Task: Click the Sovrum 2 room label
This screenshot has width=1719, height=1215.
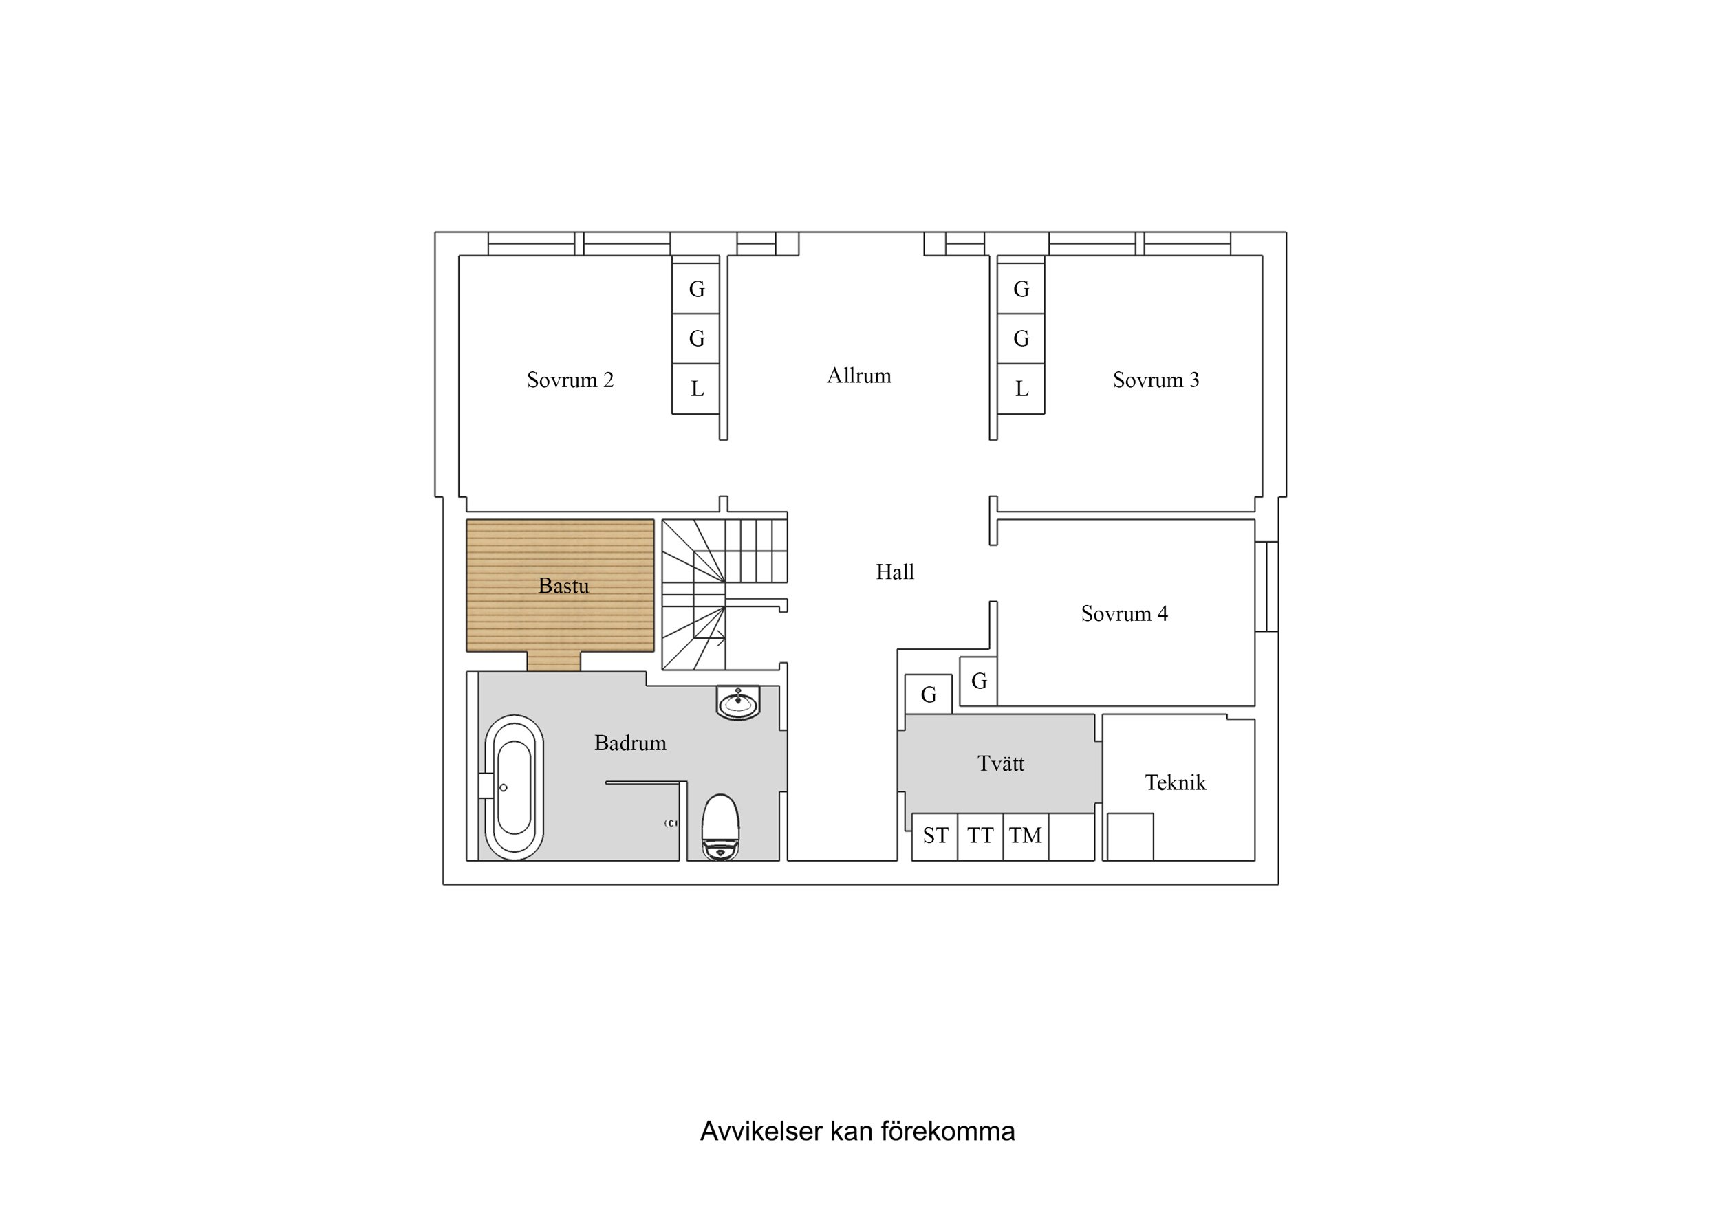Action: [x=570, y=380]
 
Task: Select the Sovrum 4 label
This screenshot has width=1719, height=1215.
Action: [x=1124, y=614]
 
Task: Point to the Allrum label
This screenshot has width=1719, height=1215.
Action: [x=858, y=376]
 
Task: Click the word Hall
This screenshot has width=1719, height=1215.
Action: [x=895, y=572]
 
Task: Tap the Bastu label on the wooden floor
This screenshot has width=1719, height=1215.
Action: [x=563, y=585]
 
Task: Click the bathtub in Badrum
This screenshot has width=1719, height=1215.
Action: [x=514, y=787]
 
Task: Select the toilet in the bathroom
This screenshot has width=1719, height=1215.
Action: [x=720, y=827]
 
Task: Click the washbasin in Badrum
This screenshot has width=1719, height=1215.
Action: [x=738, y=703]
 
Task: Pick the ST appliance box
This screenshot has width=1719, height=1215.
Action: [x=935, y=835]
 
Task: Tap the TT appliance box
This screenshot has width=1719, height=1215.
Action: [x=980, y=835]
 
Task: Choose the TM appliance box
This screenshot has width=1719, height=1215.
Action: [x=1025, y=835]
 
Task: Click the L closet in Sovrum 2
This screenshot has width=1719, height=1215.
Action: [x=696, y=389]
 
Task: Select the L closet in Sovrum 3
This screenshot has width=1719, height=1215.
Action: [x=1021, y=389]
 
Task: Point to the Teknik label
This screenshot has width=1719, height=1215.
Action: [x=1175, y=783]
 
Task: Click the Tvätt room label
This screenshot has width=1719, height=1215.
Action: [x=1000, y=763]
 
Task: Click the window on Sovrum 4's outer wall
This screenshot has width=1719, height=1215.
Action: [x=1266, y=586]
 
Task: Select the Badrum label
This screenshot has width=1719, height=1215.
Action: [x=629, y=743]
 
